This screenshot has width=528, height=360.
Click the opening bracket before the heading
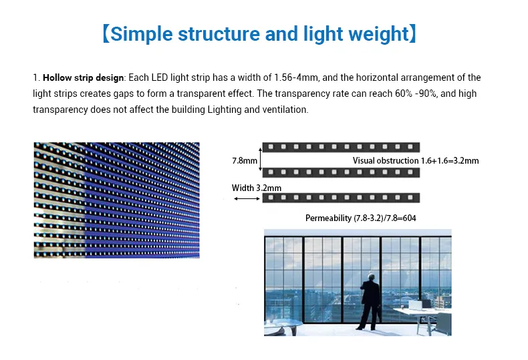point(106,33)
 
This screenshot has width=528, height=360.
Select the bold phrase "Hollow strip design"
point(84,78)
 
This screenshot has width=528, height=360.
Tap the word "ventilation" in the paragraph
point(284,110)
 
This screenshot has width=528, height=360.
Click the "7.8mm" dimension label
point(244,160)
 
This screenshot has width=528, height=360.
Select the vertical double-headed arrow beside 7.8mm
point(261,160)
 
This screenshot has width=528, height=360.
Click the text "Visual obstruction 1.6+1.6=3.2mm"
point(416,160)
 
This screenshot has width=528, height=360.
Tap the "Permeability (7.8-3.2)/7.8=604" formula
point(361,218)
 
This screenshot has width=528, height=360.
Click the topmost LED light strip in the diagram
point(341,146)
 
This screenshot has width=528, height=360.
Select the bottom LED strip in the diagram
point(341,198)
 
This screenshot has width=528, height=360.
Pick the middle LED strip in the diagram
point(341,172)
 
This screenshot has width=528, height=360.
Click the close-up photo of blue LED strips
point(116,200)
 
